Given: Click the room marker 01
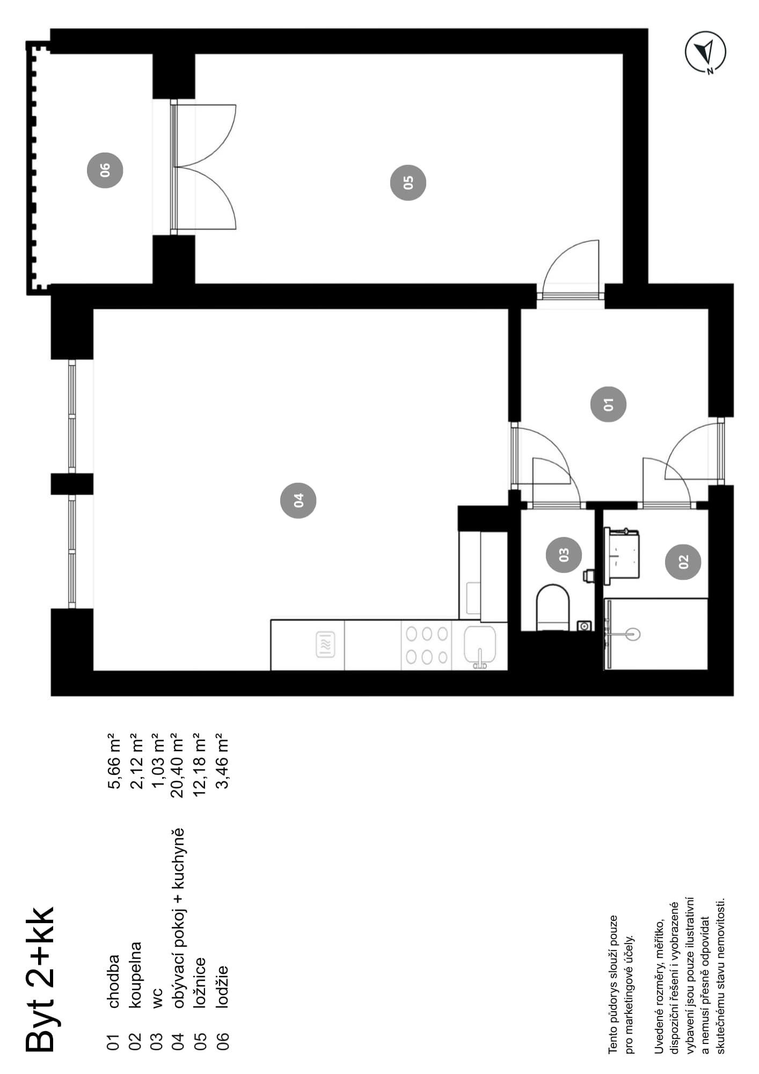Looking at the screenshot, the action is (608, 404).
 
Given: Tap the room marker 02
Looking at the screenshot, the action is (683, 562).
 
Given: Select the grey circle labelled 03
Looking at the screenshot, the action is (564, 554).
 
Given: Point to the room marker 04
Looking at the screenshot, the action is (298, 500).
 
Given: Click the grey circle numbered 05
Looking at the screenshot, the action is (408, 183).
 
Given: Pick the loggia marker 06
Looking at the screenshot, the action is (105, 170).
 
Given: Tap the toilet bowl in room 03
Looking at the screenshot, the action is (552, 607).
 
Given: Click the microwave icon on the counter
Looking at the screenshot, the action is (326, 644).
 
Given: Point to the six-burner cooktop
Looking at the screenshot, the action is (427, 645).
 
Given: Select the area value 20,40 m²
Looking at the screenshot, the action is (177, 760).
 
